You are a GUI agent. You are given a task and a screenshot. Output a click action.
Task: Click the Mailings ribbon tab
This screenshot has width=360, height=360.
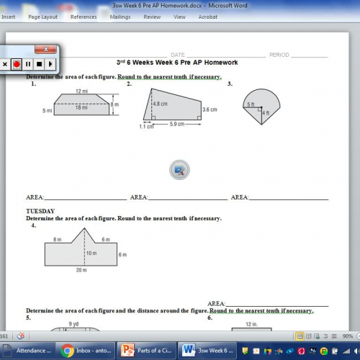120,17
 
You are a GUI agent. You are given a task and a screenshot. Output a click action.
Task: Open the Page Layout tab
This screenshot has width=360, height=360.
43,17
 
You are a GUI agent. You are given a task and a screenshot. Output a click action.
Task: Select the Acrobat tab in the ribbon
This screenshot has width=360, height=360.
208,17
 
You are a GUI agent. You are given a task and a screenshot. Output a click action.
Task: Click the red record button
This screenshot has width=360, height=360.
17,64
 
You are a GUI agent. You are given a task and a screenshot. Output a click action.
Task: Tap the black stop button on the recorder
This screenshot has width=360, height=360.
40,64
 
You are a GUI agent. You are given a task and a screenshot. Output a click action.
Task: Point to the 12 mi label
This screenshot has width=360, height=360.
81,91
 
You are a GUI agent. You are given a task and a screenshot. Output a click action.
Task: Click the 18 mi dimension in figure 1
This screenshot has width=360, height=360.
81,107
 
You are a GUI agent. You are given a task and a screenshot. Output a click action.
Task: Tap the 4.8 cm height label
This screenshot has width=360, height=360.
160,104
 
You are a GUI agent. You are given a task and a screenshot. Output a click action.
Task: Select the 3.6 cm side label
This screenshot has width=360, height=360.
210,109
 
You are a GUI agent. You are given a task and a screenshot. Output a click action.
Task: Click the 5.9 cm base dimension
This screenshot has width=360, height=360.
176,124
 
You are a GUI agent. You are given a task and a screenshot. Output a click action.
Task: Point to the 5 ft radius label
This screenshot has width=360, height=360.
251,105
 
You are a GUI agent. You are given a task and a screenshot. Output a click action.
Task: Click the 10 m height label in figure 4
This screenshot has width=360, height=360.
91,253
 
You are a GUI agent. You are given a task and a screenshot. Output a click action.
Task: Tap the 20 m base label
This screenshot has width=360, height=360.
81,270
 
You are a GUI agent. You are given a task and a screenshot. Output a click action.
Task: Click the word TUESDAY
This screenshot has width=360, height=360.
40,211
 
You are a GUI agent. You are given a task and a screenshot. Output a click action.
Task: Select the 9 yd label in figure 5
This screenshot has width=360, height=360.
73,324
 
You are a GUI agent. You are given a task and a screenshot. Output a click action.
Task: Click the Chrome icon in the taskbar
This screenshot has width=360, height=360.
68,351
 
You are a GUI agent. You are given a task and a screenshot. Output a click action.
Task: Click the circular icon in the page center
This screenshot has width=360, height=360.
179,170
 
